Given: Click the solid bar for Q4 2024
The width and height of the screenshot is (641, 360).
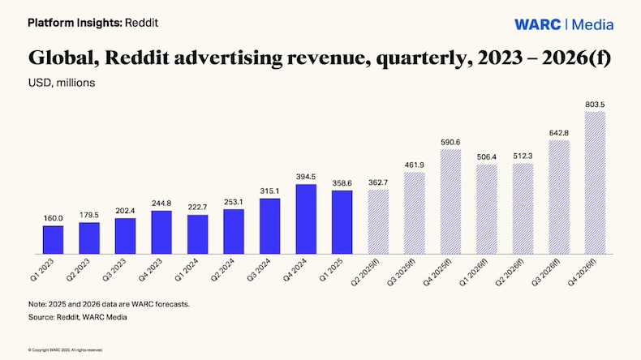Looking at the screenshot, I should (x=306, y=217).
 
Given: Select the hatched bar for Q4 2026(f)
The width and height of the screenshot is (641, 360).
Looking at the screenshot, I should (x=595, y=182).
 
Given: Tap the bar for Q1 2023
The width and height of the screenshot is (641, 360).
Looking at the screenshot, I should (x=53, y=238).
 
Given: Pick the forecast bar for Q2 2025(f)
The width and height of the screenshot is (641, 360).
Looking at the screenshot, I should (x=378, y=221).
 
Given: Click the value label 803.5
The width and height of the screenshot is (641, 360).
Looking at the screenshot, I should (x=595, y=105).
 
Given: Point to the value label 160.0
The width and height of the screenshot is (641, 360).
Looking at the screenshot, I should (x=53, y=218).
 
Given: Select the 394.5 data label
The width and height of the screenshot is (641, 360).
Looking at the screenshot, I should (x=306, y=177).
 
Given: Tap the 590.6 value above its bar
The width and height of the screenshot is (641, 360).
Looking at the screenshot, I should (x=450, y=142).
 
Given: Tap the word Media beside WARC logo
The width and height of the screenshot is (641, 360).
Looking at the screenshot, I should (x=593, y=24).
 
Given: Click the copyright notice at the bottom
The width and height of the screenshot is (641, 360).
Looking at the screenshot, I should (x=66, y=349).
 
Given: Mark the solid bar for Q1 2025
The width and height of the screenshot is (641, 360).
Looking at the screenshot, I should (x=342, y=221).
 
